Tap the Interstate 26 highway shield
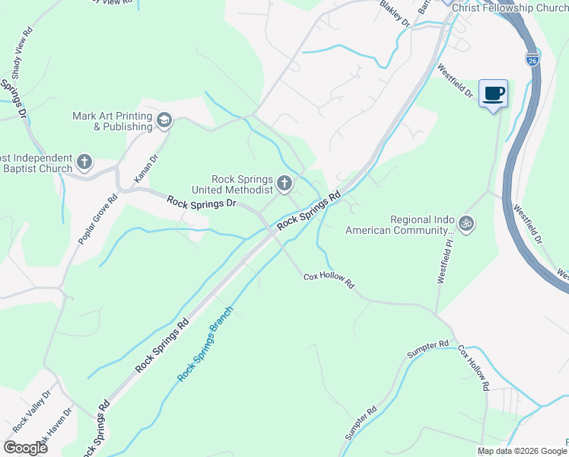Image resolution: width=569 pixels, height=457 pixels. tap(532, 59)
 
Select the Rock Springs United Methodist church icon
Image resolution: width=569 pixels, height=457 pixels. tap(284, 182)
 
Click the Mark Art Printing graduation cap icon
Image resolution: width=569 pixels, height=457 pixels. tap(164, 120)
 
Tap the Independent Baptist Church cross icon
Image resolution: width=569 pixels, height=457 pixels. tap(84, 162)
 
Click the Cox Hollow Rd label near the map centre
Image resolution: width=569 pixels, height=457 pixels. tap(329, 280)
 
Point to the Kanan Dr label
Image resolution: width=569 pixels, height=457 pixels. tap(145, 169)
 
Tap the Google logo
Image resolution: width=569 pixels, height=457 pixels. tap(25, 447)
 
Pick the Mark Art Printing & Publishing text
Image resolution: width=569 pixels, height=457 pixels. tap(112, 121)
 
